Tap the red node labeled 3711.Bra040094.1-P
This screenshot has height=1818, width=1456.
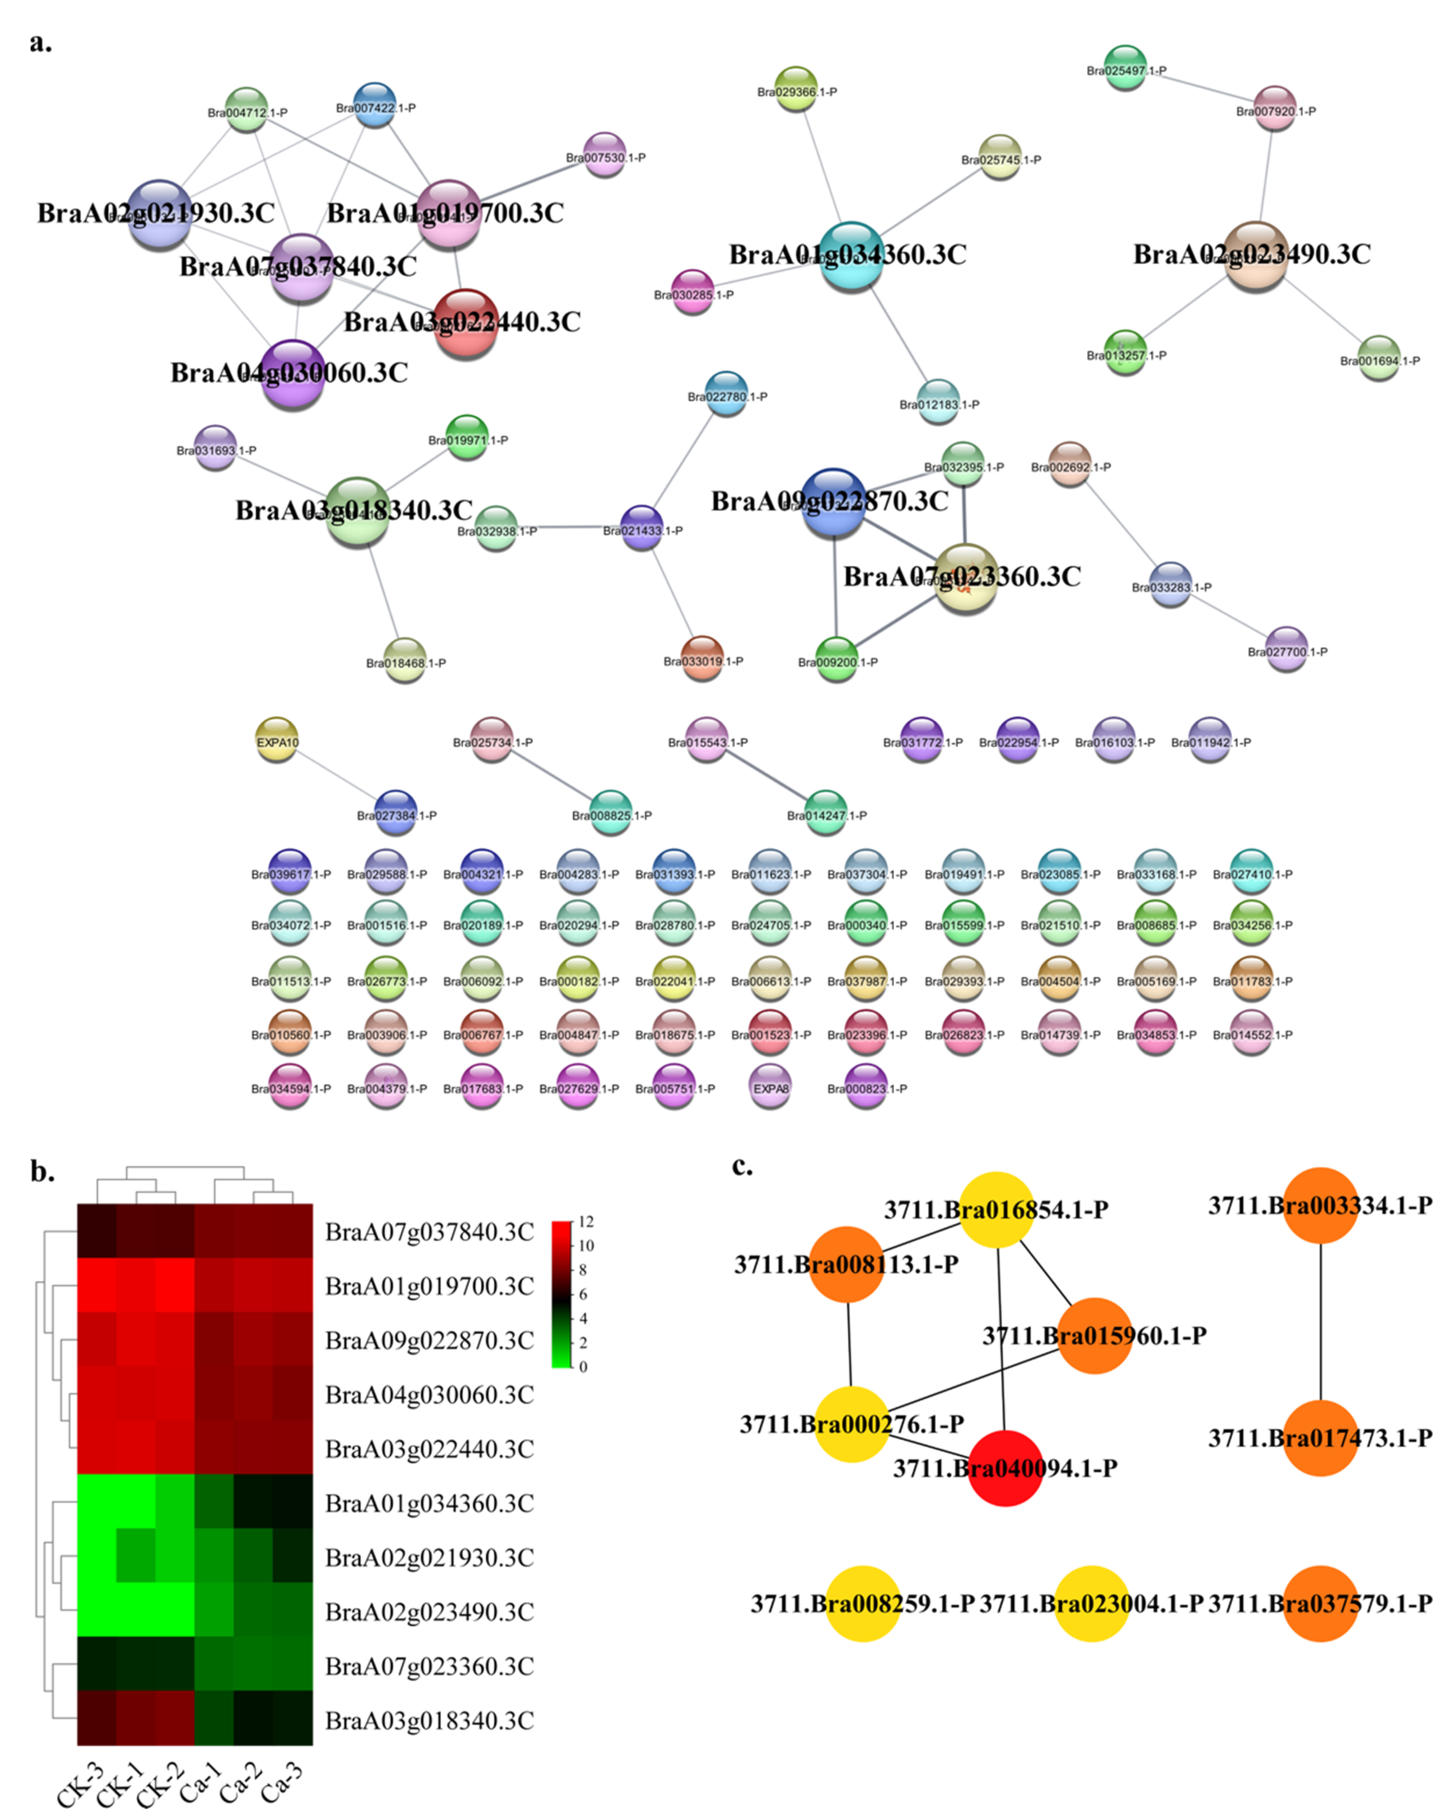pos(1005,1468)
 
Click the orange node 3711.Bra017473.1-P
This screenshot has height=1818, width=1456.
pos(1320,1438)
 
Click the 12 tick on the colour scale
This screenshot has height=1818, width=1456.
pos(585,1222)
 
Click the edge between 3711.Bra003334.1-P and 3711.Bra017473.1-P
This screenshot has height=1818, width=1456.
pos(1320,1321)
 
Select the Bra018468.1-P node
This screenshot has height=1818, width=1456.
pos(405,660)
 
